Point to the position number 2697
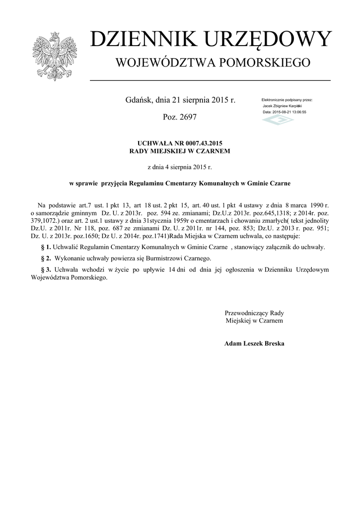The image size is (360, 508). (187, 117)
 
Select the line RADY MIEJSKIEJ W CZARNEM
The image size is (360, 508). (179, 150)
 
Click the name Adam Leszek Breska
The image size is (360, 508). (254, 343)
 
